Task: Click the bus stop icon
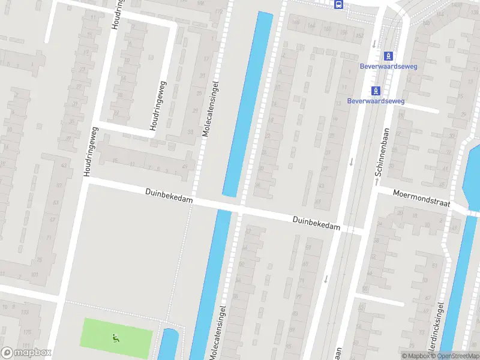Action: (339, 5)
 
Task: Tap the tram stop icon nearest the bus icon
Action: (388, 56)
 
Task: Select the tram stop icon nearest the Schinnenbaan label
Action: (376, 91)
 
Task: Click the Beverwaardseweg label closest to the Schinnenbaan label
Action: (376, 101)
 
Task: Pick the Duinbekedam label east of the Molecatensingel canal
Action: (316, 223)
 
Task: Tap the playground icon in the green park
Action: (115, 338)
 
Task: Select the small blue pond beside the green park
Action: (168, 345)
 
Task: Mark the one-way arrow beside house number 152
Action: (373, 43)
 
